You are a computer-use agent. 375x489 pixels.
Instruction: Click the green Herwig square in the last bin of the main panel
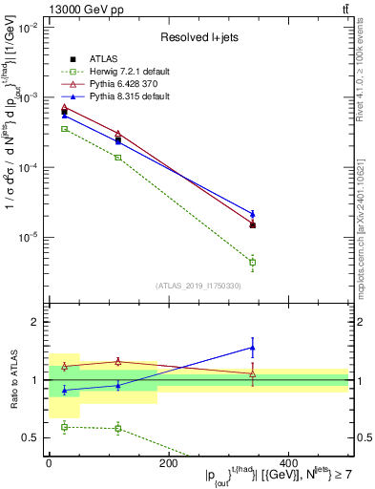coord(253,262)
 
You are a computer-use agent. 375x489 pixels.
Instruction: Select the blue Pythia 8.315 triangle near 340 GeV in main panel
coord(253,214)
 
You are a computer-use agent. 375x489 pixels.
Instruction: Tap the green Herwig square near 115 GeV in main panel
coord(117,157)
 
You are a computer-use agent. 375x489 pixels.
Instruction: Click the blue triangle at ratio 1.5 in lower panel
coord(253,348)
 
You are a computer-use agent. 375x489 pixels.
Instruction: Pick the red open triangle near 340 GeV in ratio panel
coord(253,373)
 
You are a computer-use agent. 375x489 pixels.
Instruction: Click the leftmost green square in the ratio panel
coord(64,427)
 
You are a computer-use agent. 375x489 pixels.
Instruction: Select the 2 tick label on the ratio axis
coord(37,322)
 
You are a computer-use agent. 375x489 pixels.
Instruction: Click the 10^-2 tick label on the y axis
coord(31,29)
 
